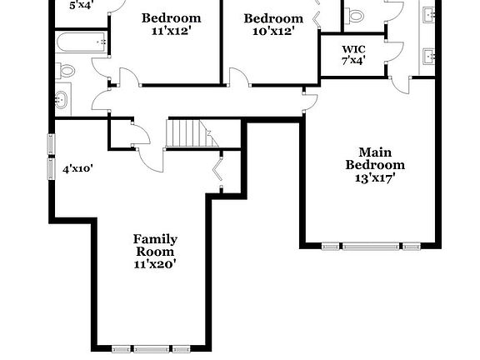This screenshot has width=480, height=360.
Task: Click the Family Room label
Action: (x=155, y=245)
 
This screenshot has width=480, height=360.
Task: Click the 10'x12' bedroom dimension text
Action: (x=272, y=31)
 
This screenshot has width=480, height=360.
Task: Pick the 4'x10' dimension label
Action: (x=77, y=168)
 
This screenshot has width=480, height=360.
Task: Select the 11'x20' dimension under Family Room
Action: (x=155, y=263)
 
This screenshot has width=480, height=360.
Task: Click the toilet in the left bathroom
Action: (x=67, y=70)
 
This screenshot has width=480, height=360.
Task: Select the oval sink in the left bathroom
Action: (x=62, y=100)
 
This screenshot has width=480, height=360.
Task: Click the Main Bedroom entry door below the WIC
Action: (x=309, y=100)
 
